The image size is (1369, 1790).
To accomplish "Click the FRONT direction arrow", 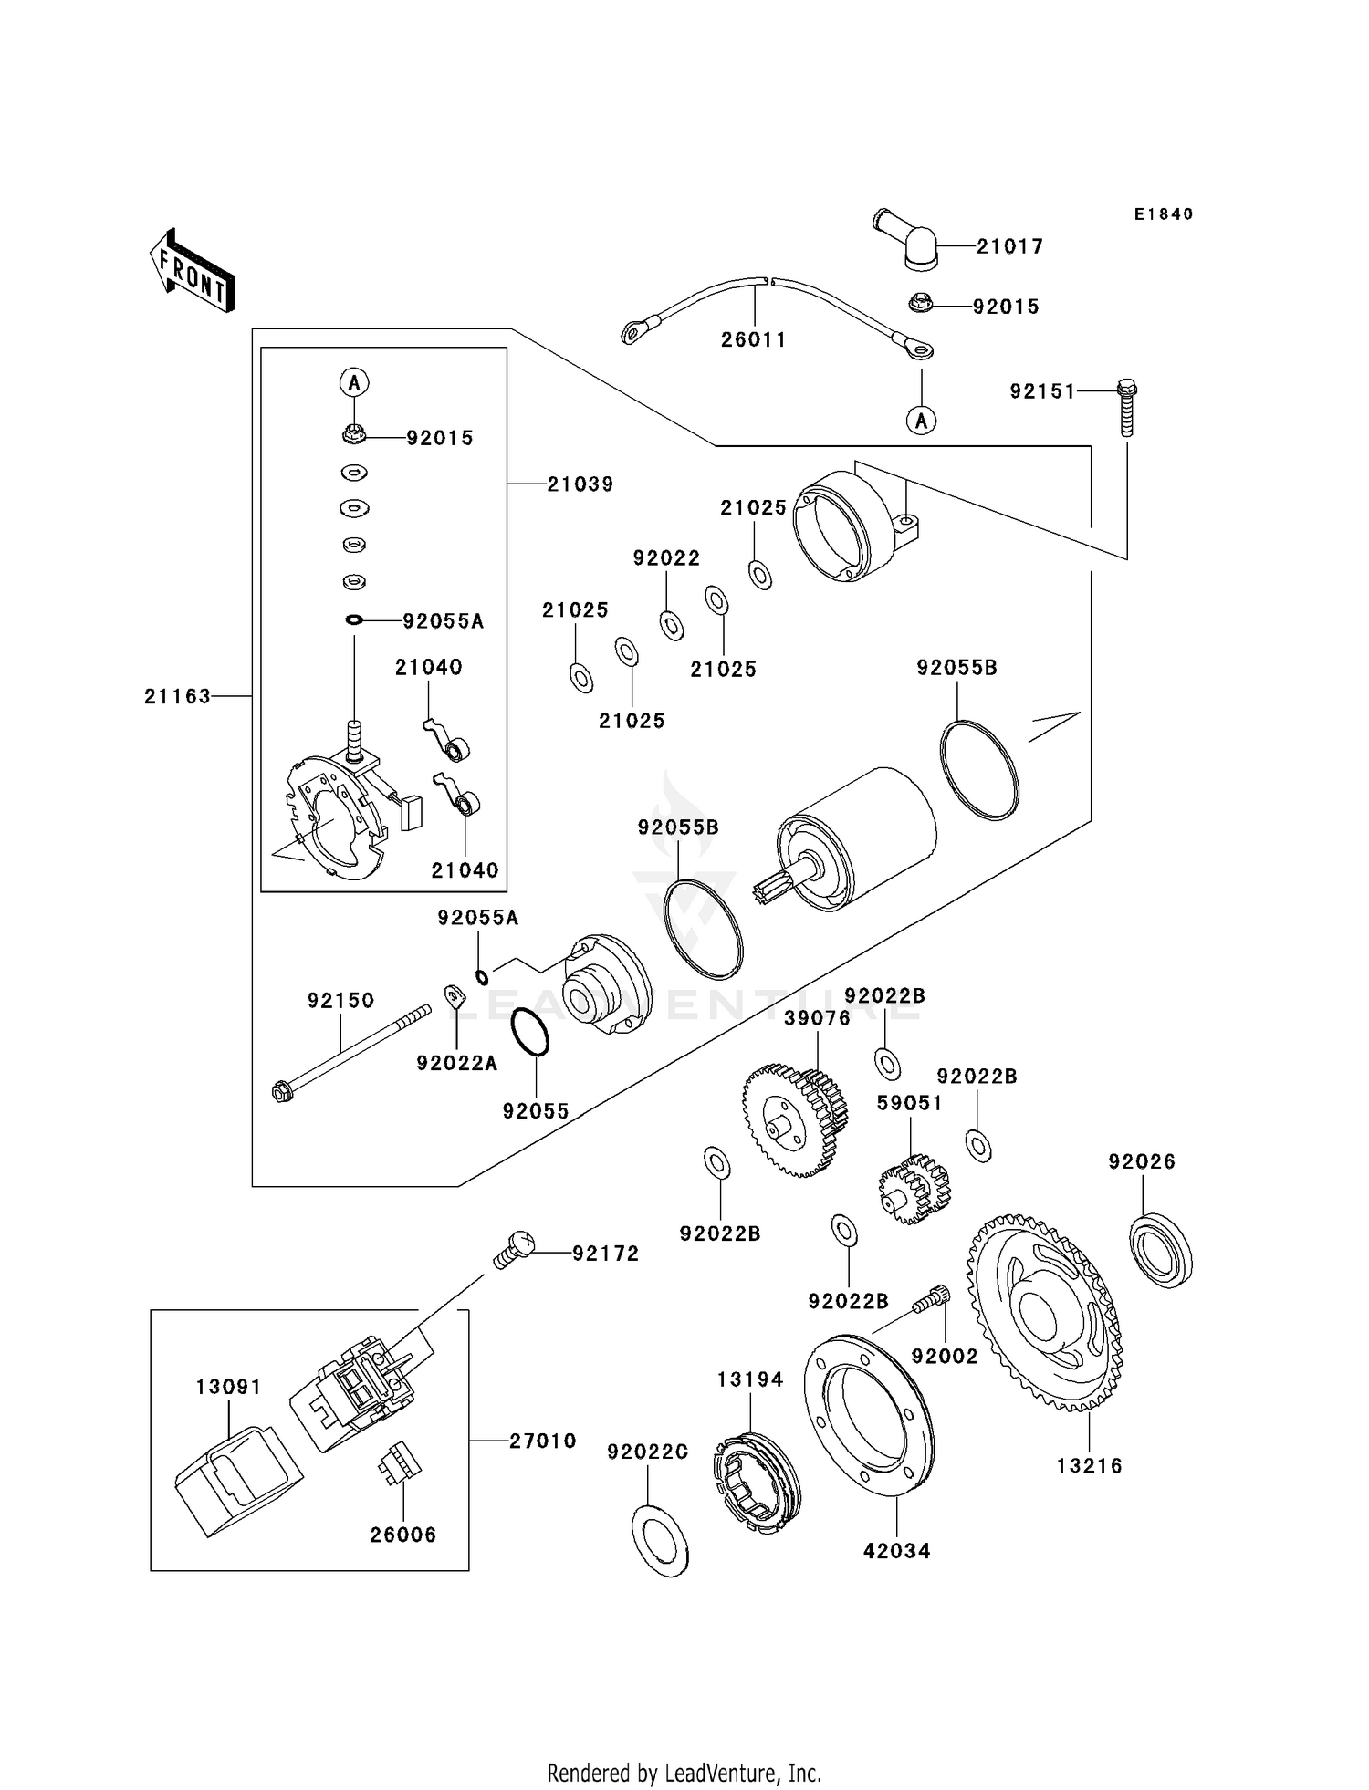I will (x=193, y=272).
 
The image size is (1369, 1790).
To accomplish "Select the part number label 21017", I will (x=1009, y=246).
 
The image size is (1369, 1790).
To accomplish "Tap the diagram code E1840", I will (x=1164, y=214).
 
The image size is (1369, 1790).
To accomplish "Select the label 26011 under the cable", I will (x=753, y=339).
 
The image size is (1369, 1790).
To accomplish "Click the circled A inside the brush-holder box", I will (x=354, y=383).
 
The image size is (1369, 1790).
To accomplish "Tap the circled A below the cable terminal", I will (x=921, y=421).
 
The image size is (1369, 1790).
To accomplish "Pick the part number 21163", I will (x=177, y=696).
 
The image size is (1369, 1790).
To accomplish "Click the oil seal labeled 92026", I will (x=1160, y=1250).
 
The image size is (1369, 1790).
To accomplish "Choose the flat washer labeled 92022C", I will (x=660, y=1542).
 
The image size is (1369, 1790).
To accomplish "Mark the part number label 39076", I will (x=817, y=1018).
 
